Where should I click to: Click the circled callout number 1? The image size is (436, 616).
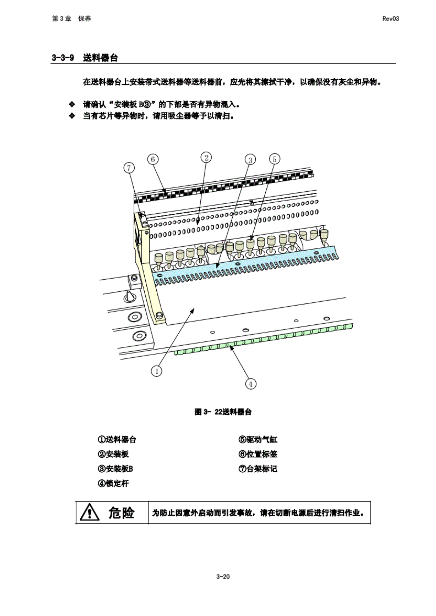pyautogui.click(x=157, y=371)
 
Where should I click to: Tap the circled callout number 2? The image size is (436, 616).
pyautogui.click(x=206, y=158)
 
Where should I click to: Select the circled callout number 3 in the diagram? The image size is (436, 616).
pyautogui.click(x=250, y=160)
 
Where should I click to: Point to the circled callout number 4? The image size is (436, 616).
pyautogui.click(x=251, y=384)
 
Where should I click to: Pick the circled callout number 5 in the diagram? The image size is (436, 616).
pyautogui.click(x=274, y=159)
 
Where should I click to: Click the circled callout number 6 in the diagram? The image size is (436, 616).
pyautogui.click(x=153, y=159)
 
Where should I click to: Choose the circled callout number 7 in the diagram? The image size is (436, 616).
pyautogui.click(x=129, y=168)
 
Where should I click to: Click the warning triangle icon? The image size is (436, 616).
pyautogui.click(x=89, y=512)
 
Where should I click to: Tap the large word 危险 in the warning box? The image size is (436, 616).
pyautogui.click(x=121, y=512)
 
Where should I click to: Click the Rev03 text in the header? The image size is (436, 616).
pyautogui.click(x=390, y=19)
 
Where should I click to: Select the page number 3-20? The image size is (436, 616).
pyautogui.click(x=223, y=576)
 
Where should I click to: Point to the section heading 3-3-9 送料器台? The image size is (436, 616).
pyautogui.click(x=85, y=58)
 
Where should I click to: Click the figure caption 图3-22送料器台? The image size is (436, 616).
pyautogui.click(x=223, y=412)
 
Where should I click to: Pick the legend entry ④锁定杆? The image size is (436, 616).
pyautogui.click(x=113, y=483)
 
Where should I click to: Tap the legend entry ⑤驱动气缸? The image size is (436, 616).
pyautogui.click(x=258, y=439)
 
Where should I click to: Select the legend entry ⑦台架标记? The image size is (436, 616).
pyautogui.click(x=258, y=469)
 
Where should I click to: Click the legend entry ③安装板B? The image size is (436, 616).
pyautogui.click(x=115, y=469)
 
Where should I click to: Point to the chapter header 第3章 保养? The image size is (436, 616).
pyautogui.click(x=72, y=19)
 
